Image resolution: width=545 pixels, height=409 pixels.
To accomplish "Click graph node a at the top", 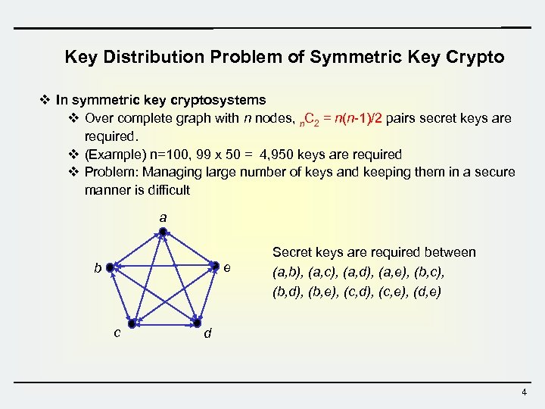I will (x=163, y=232).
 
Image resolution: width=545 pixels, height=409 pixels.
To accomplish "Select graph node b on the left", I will (x=110, y=267).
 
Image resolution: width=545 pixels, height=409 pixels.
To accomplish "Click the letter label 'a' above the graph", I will (x=163, y=217).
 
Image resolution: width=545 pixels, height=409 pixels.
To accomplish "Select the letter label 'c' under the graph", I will (x=117, y=332).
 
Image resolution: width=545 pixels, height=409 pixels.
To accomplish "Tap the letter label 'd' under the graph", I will (x=208, y=333).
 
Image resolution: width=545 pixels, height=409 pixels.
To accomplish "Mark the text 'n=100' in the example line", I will (x=159, y=155).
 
